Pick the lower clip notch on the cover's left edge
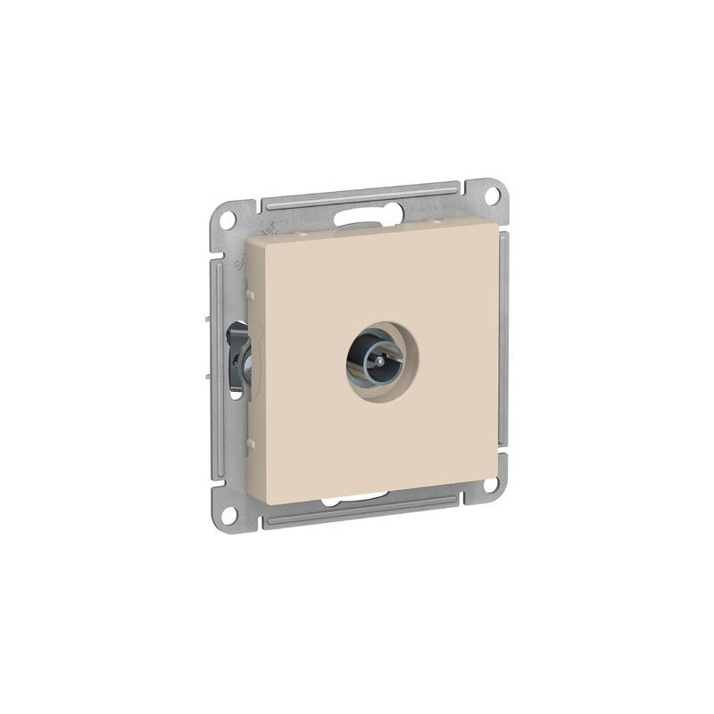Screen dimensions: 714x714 click(250, 443)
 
